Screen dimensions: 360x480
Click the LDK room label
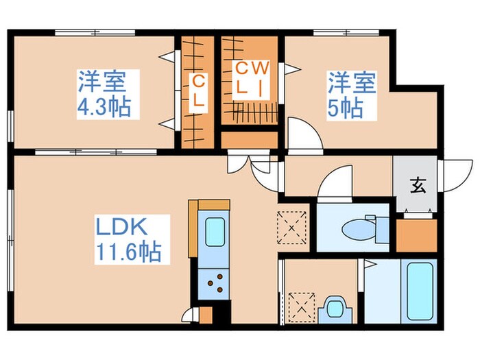click(x=130, y=227)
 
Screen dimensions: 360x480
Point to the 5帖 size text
click(x=346, y=108)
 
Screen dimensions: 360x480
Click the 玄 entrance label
click(x=416, y=184)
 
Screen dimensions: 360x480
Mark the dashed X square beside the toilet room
click(x=293, y=227)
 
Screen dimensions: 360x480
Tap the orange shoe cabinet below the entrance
click(x=416, y=235)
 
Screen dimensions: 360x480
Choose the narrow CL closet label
click(x=197, y=91)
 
